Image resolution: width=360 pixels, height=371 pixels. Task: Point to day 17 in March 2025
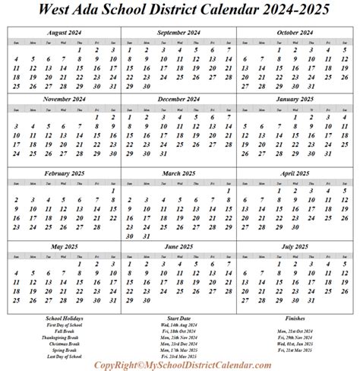click(x=148, y=211)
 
